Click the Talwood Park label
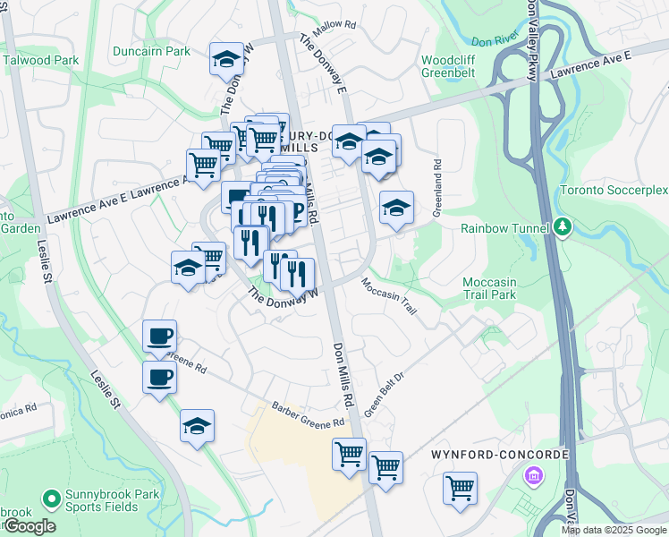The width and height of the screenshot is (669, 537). tap(41, 60)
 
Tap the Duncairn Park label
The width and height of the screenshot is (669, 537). tap(151, 51)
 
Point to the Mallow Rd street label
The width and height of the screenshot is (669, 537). tap(334, 26)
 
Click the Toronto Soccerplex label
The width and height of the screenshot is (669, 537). tap(614, 191)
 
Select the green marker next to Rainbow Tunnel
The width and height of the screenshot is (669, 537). tap(562, 227)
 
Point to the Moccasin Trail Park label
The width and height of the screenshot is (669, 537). tap(489, 288)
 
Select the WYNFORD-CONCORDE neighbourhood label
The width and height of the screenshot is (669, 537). tap(499, 455)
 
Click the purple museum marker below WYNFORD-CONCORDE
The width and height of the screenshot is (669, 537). tap(534, 474)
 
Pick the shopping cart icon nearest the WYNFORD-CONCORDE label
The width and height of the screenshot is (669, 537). tap(460, 489)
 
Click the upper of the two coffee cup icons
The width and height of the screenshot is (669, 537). tap(159, 337)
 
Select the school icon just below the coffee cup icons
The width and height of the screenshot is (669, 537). tap(197, 426)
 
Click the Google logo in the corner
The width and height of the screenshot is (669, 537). tap(30, 526)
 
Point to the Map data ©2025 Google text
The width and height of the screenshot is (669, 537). tap(614, 530)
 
